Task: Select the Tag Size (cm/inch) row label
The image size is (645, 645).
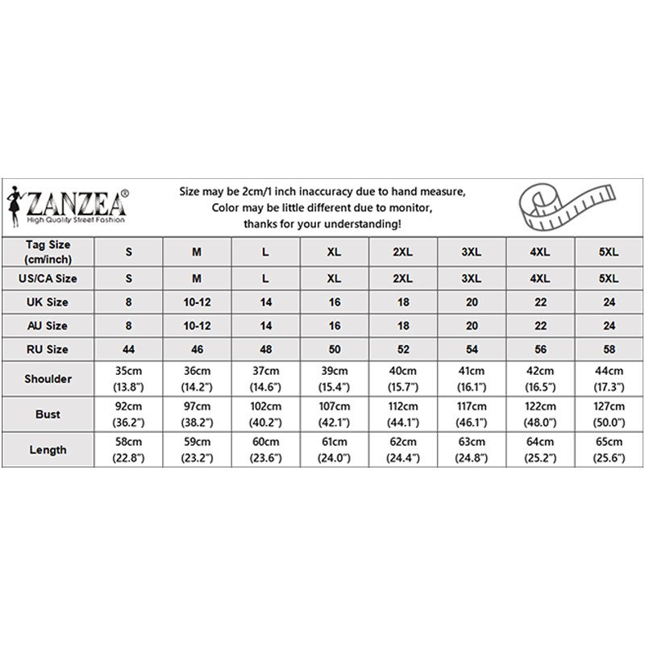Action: [48, 251]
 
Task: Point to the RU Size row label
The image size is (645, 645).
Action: [48, 350]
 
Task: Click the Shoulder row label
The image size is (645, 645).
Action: [48, 378]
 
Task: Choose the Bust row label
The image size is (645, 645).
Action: [48, 414]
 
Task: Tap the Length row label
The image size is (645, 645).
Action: [48, 450]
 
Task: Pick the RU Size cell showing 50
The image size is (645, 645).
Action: [334, 350]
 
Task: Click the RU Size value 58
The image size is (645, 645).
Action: [609, 350]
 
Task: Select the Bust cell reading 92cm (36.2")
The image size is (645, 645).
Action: [128, 414]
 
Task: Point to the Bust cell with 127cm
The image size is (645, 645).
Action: [609, 414]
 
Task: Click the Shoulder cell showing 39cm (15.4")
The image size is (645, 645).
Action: [334, 378]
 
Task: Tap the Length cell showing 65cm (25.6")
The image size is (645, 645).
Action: [609, 450]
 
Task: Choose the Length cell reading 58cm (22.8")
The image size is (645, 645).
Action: [128, 450]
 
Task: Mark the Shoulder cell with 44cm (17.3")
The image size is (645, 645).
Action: [609, 378]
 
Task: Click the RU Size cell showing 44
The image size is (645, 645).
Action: [128, 350]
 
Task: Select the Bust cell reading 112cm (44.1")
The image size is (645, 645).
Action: [402, 414]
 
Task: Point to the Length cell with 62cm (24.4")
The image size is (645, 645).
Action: [402, 450]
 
